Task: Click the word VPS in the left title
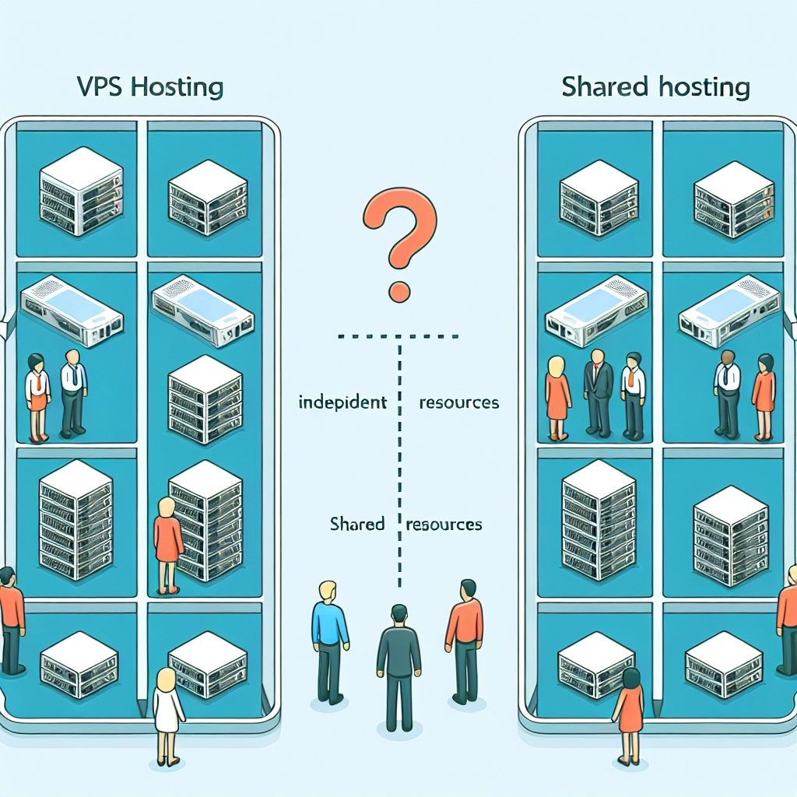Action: click(100, 86)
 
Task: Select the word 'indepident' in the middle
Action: click(342, 403)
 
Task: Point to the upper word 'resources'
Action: click(458, 403)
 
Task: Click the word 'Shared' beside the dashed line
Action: click(357, 524)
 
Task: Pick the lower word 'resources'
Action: click(444, 524)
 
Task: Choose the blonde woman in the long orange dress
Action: click(557, 397)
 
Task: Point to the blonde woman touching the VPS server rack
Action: click(167, 541)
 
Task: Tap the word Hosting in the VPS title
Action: click(176, 86)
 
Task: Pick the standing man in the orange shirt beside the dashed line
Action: click(465, 634)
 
